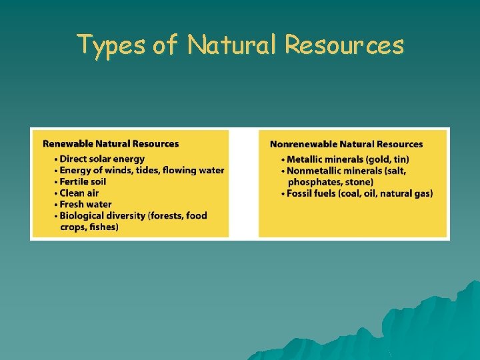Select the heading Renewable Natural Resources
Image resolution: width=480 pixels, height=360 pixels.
(x=111, y=143)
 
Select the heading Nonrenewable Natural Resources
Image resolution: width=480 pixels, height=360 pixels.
(x=346, y=144)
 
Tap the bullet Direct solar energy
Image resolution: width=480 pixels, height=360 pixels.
(x=102, y=159)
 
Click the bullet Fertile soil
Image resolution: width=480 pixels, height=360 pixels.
(x=83, y=181)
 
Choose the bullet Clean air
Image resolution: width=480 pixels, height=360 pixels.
(x=79, y=193)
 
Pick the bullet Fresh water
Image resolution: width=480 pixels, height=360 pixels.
(x=86, y=204)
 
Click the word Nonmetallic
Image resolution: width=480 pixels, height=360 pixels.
(x=317, y=171)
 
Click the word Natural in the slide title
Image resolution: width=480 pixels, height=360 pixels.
(x=231, y=45)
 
